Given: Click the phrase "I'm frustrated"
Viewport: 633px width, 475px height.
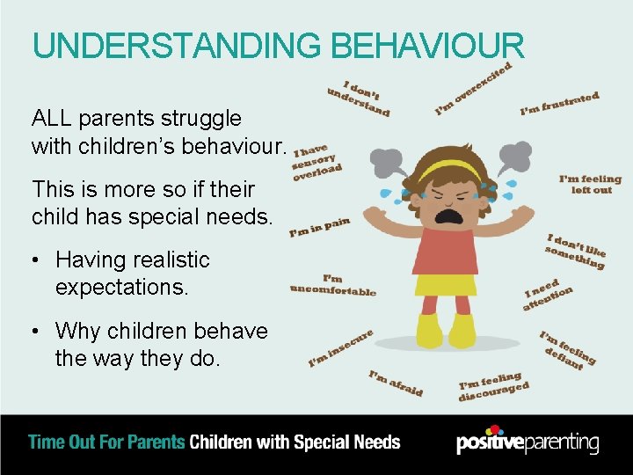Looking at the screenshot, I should coord(559,104).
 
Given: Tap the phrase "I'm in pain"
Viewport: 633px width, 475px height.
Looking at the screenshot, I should coord(320,228).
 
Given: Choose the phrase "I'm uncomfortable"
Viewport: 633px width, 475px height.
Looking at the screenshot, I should coord(333,285).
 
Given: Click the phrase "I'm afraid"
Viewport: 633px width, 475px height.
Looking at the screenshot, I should coord(396,384).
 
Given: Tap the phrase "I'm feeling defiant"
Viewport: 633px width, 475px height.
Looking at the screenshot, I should coord(567,351).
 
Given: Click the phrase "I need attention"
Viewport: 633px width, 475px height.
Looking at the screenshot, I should coord(549,294).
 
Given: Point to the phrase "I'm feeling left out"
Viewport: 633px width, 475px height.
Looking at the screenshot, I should coord(590,184).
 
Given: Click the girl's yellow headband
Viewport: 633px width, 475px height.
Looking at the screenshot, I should coord(449,168).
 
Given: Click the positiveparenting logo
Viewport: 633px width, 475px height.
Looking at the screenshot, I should coord(527,442).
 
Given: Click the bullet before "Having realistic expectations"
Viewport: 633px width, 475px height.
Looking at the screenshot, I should coord(37,260).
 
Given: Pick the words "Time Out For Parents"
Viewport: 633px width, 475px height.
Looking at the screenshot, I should coord(107,442).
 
